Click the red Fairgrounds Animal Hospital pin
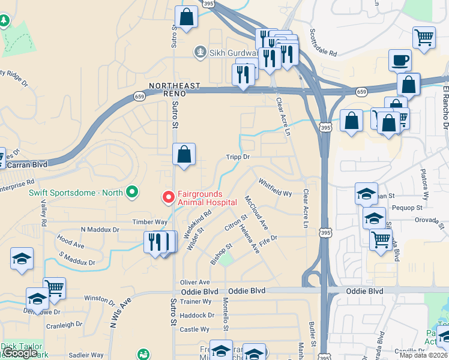(x=169, y=196)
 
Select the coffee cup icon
(x=400, y=60)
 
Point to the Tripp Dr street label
(x=238, y=157)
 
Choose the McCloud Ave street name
(x=256, y=212)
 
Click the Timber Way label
(x=150, y=221)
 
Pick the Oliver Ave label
(x=195, y=282)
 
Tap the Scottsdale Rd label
(x=324, y=43)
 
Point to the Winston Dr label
(x=99, y=298)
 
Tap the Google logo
(x=20, y=353)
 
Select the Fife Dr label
(x=268, y=241)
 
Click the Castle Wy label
(x=194, y=329)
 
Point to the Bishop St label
(x=221, y=255)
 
